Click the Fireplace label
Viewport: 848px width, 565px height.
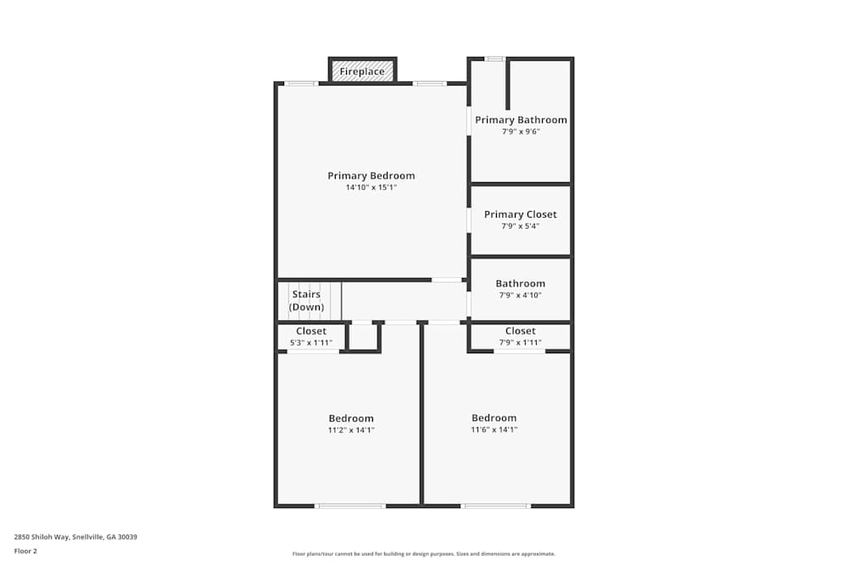[362, 72]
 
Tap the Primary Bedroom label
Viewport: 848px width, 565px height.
[371, 176]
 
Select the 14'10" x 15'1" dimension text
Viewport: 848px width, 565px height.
[371, 187]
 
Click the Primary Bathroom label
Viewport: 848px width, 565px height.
[521, 120]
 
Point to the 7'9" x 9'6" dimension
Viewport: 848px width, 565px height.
[521, 131]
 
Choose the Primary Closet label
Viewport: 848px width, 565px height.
[521, 214]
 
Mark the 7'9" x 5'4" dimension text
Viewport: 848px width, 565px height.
[521, 226]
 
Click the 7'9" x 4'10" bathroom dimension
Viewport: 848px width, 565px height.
[521, 295]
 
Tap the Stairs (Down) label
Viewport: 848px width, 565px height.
[306, 301]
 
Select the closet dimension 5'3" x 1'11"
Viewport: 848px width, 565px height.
[311, 343]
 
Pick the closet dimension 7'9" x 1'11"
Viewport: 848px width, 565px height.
[520, 343]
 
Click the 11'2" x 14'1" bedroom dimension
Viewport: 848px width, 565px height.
[351, 429]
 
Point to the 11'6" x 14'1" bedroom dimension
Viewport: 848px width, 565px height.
[494, 429]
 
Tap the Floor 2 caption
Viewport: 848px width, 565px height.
[25, 551]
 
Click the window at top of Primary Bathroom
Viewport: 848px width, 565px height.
[494, 58]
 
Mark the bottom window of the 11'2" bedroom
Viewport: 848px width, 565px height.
[349, 506]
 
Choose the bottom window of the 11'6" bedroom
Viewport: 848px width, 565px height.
[495, 506]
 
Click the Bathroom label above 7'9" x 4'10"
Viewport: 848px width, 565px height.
[521, 284]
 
